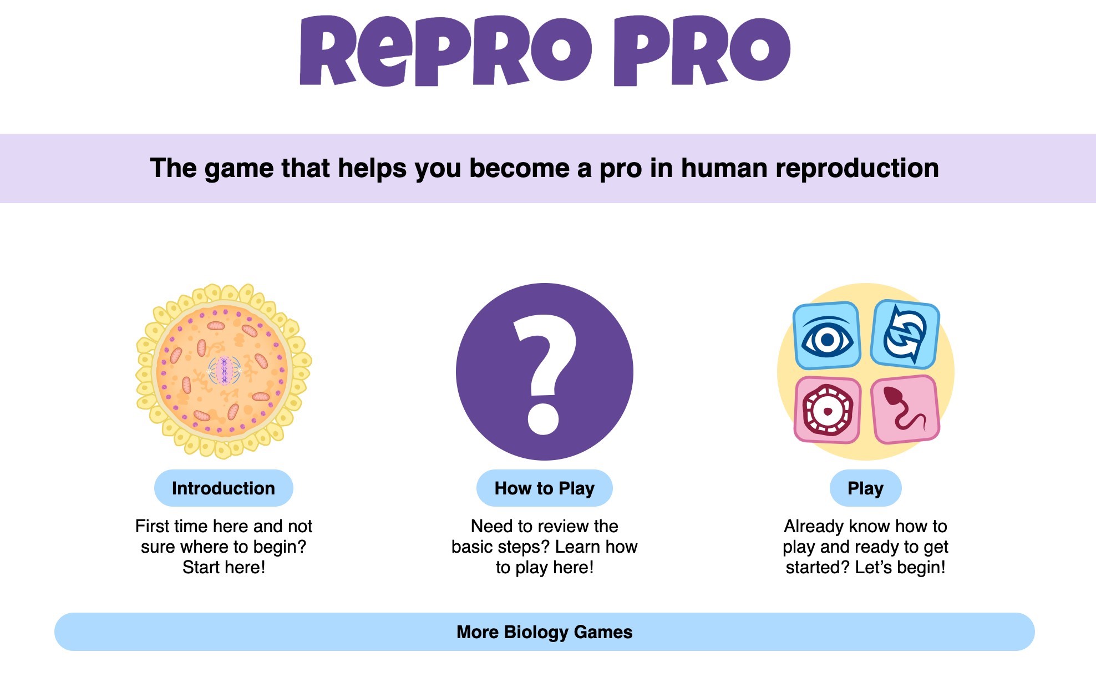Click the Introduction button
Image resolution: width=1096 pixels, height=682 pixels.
[224, 488]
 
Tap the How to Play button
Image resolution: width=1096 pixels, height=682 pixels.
[544, 488]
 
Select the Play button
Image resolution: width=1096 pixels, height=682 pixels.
[865, 488]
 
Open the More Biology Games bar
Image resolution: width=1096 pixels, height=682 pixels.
[544, 632]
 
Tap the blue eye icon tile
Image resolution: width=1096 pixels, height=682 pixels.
[826, 336]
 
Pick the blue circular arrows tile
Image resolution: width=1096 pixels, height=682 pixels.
[905, 335]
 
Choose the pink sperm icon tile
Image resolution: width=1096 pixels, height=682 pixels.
[905, 410]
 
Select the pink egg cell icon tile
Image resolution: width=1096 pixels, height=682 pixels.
[827, 411]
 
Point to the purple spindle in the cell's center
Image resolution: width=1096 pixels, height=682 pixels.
[224, 370]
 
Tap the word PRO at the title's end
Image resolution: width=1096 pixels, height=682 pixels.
[702, 51]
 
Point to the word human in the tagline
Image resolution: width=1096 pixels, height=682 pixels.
[724, 168]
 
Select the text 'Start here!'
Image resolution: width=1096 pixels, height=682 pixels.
[224, 567]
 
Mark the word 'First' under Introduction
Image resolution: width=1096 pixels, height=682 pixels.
[153, 526]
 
